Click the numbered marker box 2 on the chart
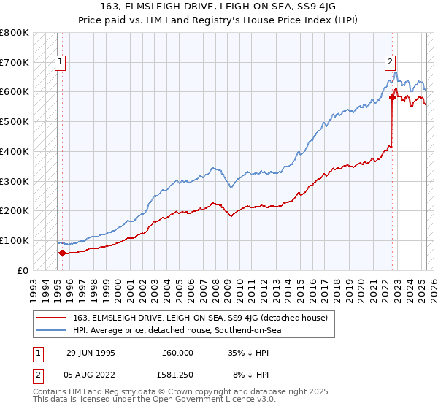pos(391,63)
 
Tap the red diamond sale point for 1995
pos(62,253)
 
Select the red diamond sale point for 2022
pos(392,96)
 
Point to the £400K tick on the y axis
pos(16,151)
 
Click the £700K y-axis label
pos(16,62)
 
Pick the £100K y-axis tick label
pos(16,240)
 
